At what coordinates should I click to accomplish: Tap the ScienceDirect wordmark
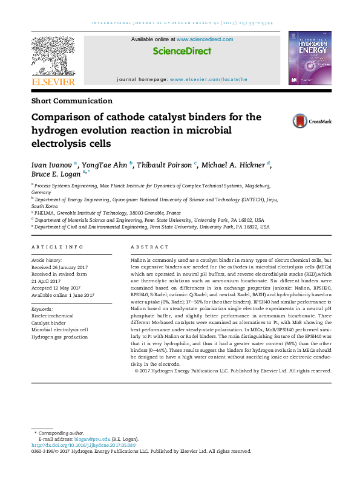182,53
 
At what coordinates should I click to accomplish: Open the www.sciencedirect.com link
204,39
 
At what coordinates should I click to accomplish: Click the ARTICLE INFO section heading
57,247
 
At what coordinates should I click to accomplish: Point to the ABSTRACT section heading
149,247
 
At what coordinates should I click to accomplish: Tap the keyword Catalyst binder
48,322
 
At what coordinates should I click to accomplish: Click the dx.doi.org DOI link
79,445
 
